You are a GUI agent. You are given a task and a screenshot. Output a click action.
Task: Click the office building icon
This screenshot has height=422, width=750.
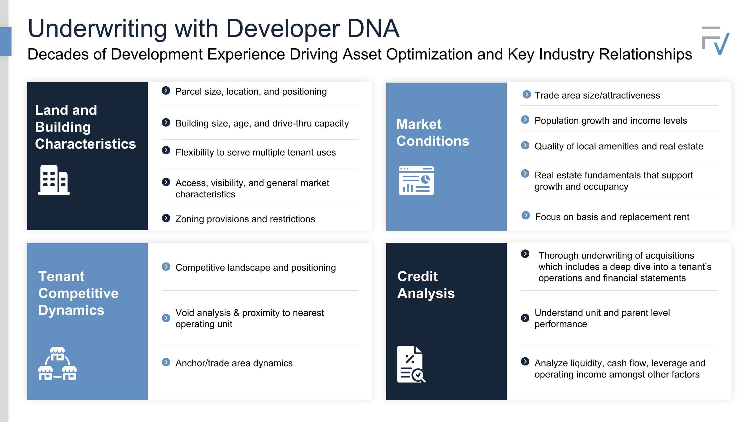tap(54, 180)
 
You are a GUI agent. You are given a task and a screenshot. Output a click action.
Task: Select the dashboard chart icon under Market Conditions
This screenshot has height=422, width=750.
tap(416, 181)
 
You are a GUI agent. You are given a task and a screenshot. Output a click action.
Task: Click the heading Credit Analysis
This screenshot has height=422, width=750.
tap(426, 284)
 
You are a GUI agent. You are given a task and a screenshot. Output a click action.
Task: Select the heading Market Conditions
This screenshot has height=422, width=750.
tap(433, 133)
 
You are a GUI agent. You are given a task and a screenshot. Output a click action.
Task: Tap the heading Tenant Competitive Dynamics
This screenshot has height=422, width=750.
tap(78, 293)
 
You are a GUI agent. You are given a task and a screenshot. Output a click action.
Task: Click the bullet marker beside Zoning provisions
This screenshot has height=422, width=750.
tap(166, 218)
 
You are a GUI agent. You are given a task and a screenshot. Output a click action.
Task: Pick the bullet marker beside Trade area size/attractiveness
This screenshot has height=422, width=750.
tap(526, 94)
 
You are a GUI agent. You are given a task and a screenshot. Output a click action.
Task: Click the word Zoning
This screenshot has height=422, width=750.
tap(189, 219)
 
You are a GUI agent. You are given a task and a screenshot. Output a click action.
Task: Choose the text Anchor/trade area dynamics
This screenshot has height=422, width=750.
tap(234, 363)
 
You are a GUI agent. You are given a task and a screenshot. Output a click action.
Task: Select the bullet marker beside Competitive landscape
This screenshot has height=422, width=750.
tap(166, 266)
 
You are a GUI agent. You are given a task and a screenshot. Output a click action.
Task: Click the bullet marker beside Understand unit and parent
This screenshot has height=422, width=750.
tap(525, 318)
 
